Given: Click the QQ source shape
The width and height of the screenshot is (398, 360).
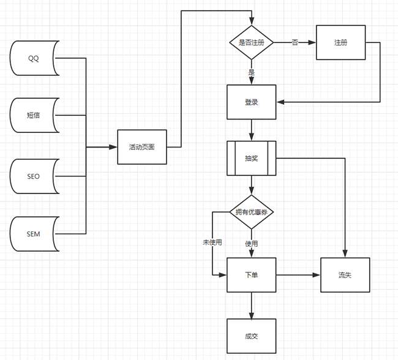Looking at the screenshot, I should point(34,58).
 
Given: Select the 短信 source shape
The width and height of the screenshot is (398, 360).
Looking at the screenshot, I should point(34,115).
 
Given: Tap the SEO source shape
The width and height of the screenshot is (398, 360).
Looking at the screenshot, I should point(34,176).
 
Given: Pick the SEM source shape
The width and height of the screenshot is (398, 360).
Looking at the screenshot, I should point(34,234).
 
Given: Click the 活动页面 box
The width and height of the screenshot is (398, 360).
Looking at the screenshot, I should point(141,147).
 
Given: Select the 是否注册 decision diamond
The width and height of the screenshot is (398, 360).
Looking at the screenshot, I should point(251,42).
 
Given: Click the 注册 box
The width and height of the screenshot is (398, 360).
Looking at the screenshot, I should point(340,42).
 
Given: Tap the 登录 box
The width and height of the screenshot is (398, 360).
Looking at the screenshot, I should point(251,102).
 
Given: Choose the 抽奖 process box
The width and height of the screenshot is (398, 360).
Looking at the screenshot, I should point(251,158).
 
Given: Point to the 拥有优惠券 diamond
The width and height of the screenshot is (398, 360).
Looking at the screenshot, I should point(251,212).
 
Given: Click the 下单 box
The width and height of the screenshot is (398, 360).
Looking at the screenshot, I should point(251,275).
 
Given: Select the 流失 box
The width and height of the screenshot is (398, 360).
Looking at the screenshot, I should point(345,275).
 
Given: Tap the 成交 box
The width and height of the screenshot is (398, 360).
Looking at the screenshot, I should point(251,336).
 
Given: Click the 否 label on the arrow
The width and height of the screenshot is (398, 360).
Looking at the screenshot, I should point(295,42).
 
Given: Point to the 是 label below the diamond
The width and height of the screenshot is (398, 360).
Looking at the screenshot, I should point(251,72).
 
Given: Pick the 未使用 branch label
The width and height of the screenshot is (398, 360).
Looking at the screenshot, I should point(212,242).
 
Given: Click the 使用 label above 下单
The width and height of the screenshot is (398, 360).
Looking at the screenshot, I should point(251,243).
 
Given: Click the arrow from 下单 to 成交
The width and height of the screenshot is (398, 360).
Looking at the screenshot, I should point(251,305).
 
